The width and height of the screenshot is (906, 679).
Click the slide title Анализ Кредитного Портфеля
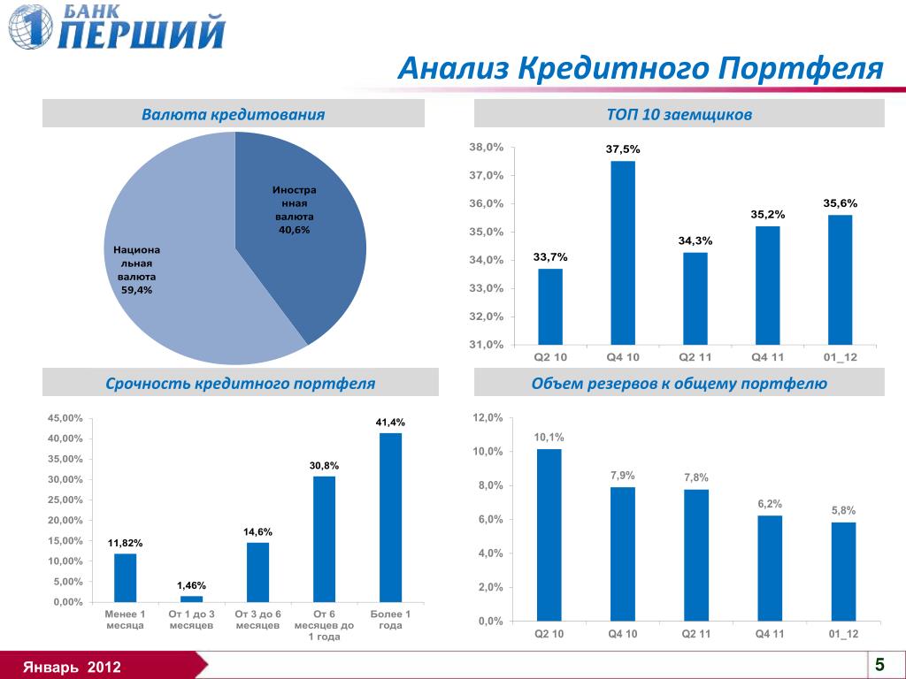coord(641,68)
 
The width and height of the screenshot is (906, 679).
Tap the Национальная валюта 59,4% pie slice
coord(177,283)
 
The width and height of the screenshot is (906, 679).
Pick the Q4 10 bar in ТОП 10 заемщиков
coord(623,252)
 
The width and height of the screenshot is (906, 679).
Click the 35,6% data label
coord(840,203)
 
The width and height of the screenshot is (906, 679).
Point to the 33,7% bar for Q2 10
coord(550,306)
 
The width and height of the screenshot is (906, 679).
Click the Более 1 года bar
coord(390,517)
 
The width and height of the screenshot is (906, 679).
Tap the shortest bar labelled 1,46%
coord(191,599)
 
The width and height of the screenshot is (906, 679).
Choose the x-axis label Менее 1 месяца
coord(125,619)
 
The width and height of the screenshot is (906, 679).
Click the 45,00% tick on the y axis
coord(65,418)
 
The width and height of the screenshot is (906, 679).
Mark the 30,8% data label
coord(324,465)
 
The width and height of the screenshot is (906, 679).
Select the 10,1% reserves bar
coord(549,535)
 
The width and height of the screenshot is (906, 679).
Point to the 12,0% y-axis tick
coord(488,418)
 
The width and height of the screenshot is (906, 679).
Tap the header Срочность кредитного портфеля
coord(241,384)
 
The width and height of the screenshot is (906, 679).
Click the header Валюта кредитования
coord(234,114)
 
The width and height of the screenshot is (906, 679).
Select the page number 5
coord(879,664)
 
